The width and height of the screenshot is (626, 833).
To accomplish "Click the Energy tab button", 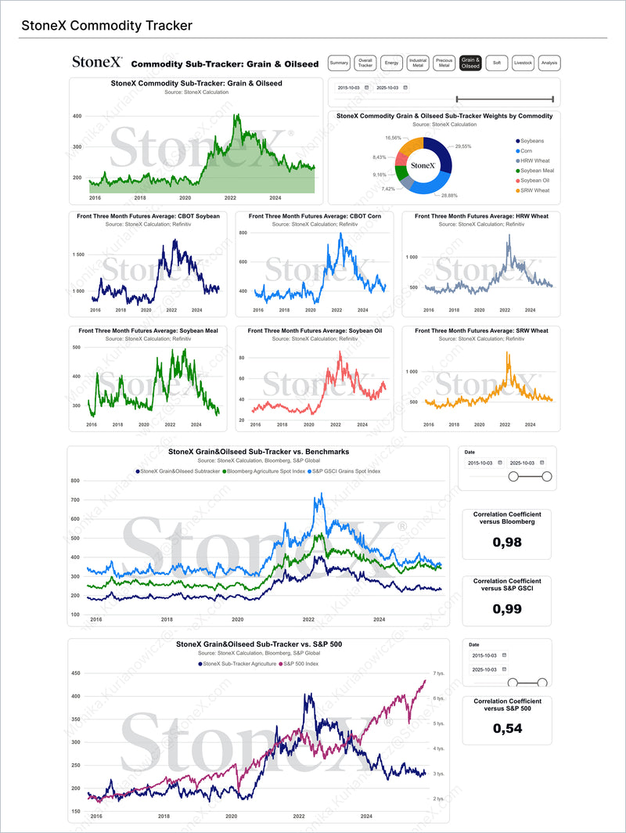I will click(392, 63).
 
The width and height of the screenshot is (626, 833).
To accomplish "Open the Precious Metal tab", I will click(444, 63).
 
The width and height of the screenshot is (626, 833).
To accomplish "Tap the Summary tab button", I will click(339, 63).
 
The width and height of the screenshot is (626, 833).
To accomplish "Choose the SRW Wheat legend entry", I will click(531, 190).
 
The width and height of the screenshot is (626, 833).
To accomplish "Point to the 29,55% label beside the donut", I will click(464, 146).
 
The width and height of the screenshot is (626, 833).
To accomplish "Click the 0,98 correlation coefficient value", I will click(507, 542).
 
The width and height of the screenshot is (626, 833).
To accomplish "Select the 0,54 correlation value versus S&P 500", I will click(507, 728).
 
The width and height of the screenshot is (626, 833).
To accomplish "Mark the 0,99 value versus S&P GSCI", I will click(507, 608).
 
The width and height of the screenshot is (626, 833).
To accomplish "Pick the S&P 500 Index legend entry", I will click(298, 664).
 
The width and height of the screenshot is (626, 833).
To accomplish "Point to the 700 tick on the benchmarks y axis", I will click(75, 499).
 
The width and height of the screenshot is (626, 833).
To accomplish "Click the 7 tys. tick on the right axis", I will click(439, 673).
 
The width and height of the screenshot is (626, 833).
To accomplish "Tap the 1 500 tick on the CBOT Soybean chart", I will click(78, 254).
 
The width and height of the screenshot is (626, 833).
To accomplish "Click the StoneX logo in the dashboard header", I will click(97, 62).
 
